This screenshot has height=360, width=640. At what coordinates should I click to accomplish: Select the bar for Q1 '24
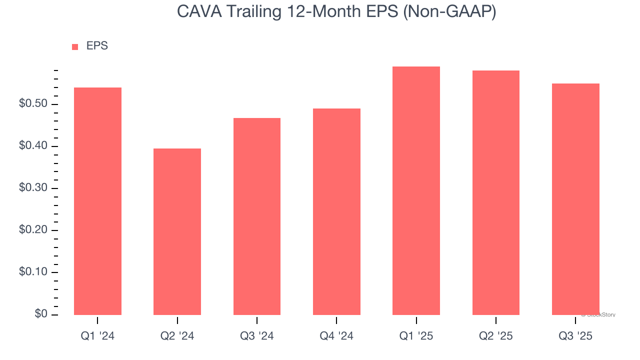coord(97,201)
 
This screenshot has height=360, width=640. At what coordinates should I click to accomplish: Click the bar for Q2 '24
coord(177,231)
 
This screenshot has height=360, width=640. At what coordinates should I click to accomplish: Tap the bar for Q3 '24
coord(256,216)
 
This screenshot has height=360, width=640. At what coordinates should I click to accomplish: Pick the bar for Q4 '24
coord(336,211)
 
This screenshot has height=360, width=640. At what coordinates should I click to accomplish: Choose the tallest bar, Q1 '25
coord(416,190)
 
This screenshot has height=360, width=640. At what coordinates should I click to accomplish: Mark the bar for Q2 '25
coord(495,192)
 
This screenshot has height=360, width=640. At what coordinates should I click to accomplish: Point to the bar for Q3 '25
coord(575,199)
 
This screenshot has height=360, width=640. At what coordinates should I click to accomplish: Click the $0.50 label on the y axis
coord(33,104)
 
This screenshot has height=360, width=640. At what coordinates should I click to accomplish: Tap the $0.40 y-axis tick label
coord(33,146)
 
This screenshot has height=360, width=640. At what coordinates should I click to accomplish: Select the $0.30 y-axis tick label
coord(33,188)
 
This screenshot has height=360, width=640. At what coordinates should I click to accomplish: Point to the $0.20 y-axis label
coord(33,230)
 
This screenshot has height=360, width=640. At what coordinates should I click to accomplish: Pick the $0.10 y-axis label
coord(33,272)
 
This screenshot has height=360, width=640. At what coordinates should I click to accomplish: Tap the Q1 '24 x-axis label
coord(97,336)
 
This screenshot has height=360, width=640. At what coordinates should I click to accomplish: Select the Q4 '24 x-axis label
coord(336,336)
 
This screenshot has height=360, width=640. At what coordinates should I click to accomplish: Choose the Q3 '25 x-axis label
coord(575,336)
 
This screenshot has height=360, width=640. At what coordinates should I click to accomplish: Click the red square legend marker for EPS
coord(75,46)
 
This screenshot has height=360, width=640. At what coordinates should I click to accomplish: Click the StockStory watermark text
coord(599,315)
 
